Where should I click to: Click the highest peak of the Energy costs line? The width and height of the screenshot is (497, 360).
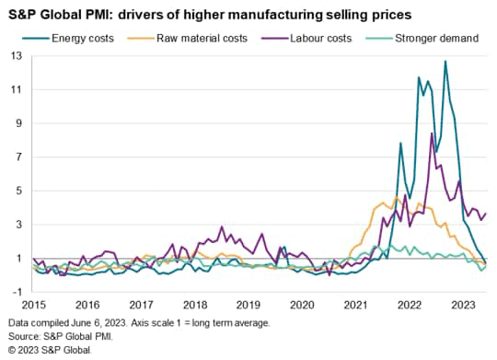445,62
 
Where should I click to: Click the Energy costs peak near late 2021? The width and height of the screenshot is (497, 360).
400,143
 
